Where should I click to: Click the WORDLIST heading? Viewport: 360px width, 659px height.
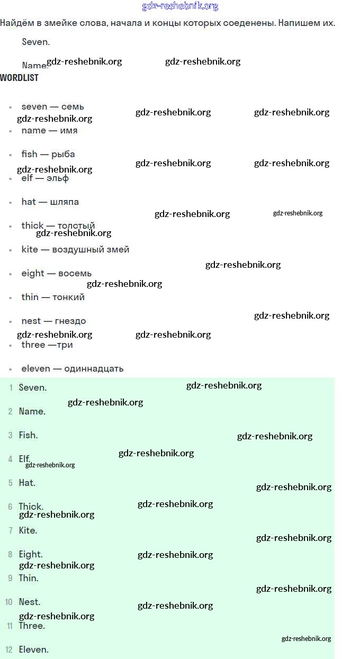(19, 77)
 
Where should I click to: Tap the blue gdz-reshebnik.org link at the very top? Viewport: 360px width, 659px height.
(180, 6)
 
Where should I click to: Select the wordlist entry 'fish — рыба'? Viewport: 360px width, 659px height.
(48, 154)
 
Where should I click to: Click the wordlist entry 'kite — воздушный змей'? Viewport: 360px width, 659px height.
(75, 249)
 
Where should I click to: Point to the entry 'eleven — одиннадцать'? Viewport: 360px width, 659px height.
(73, 368)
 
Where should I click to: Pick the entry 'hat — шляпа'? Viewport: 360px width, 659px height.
(50, 202)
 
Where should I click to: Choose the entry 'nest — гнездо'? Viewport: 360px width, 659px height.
(53, 321)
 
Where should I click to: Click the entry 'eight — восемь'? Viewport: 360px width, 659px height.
(56, 273)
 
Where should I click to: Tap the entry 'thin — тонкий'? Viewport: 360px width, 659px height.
(53, 297)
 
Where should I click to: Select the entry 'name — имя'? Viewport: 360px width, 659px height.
(49, 130)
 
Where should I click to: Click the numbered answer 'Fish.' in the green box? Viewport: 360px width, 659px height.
(28, 435)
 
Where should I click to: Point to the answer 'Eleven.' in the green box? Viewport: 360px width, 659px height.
(33, 649)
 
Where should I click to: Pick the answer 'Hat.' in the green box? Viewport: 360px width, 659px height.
(27, 483)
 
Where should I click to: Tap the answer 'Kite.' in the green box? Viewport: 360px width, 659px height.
(28, 530)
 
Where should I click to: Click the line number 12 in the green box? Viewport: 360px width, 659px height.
(9, 649)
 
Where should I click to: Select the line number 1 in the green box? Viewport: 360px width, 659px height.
(11, 387)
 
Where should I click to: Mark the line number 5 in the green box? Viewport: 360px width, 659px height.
(10, 483)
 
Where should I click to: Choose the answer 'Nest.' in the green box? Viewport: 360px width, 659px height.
(29, 602)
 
